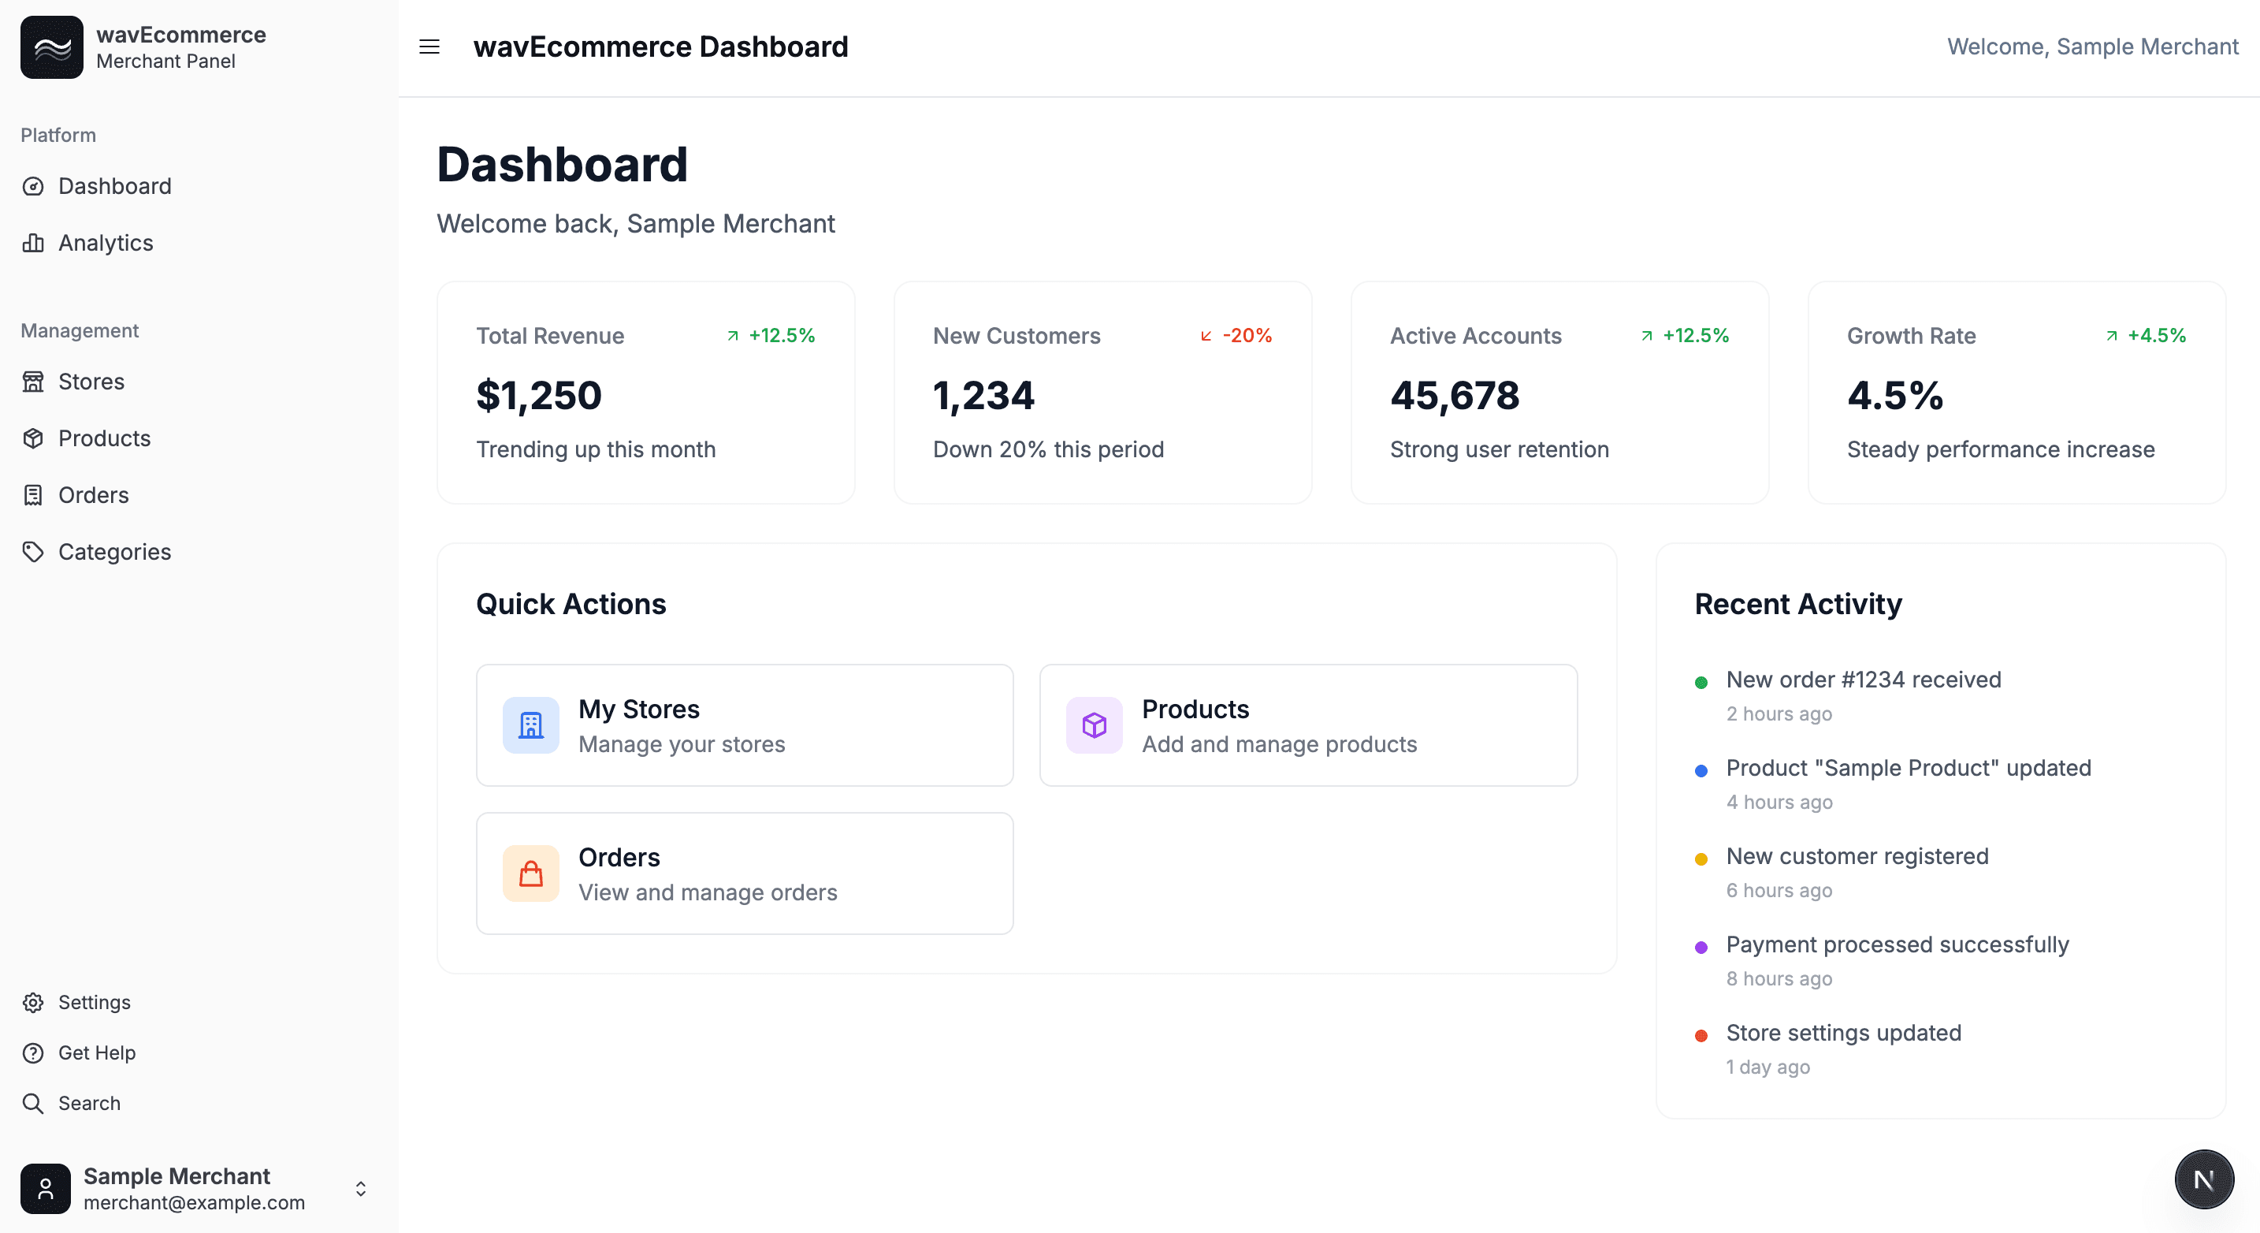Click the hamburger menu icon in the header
click(429, 47)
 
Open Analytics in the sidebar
click(106, 243)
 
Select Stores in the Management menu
click(91, 382)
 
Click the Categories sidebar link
click(114, 552)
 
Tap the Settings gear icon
click(33, 1002)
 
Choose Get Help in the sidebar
click(96, 1053)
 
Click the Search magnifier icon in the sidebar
click(33, 1103)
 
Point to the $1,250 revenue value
click(539, 396)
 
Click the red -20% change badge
click(1236, 335)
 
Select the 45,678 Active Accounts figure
click(1455, 396)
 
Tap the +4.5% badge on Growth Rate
click(2146, 335)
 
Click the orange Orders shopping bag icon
click(531, 874)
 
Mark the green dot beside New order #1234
click(1701, 683)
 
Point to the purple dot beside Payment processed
click(1701, 948)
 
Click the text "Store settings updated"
click(1843, 1033)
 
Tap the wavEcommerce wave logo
click(52, 47)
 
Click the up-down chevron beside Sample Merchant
click(361, 1189)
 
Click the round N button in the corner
click(2203, 1179)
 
